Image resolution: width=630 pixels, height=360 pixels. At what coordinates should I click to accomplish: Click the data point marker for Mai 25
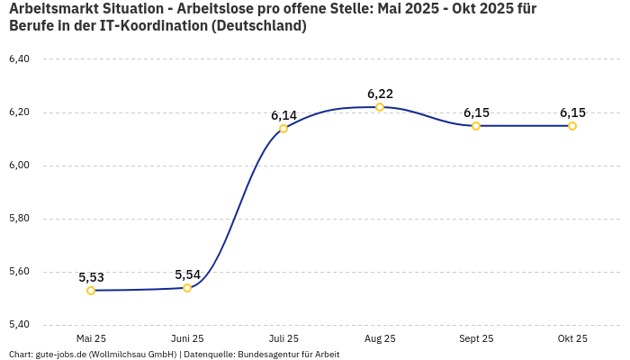91,291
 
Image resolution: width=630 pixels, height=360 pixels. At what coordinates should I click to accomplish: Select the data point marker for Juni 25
187,288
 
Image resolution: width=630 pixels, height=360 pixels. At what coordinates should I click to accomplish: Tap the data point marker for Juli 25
283,129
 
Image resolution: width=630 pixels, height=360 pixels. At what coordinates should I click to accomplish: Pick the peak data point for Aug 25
380,107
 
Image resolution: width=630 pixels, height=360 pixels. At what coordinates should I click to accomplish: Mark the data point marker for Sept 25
476,126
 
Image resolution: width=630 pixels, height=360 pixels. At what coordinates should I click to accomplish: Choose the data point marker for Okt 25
572,126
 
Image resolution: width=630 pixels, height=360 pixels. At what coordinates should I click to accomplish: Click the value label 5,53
91,277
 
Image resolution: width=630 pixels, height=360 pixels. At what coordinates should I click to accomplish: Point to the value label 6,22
380,94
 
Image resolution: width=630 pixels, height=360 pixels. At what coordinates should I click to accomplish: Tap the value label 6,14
283,115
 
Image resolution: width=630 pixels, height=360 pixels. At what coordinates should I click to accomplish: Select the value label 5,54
187,274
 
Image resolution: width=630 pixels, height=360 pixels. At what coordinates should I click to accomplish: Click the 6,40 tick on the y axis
19,59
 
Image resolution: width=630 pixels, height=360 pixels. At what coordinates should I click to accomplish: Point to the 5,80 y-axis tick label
19,219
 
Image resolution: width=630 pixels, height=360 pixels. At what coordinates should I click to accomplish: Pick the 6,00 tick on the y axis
19,166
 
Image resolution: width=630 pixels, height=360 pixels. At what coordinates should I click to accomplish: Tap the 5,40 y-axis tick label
19,325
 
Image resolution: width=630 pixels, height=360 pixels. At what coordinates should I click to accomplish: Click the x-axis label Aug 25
380,338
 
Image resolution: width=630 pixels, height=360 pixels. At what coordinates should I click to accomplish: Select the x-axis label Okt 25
572,338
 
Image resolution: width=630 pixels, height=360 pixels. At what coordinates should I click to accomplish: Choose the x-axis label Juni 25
187,338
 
